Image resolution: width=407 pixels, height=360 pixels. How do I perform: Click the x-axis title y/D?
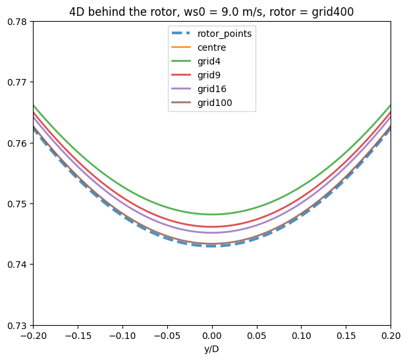pos(212,349)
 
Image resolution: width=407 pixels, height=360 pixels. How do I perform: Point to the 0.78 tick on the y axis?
pos(16,22)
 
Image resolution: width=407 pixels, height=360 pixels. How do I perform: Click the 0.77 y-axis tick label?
pos(16,82)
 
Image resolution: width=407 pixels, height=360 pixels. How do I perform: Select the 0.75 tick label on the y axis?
pos(16,204)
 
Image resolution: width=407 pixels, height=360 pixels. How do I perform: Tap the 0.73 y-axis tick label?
pos(16,325)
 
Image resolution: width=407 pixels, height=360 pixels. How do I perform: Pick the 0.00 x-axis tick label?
pos(212,336)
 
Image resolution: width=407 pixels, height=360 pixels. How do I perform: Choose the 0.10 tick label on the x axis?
pos(302,336)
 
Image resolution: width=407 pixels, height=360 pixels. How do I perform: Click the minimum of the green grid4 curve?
pos(212,214)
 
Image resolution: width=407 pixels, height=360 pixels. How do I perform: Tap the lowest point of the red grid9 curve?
pos(212,226)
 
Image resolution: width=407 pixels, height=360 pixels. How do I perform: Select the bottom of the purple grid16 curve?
pos(212,232)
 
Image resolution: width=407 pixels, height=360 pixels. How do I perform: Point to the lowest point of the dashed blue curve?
pos(212,245)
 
